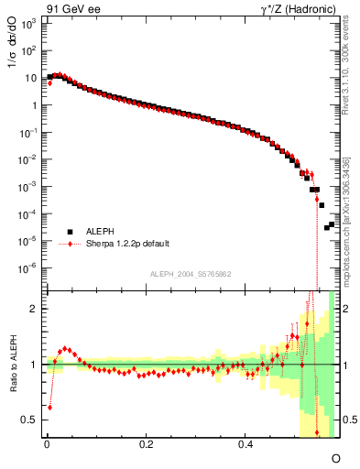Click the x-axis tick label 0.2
click(146, 444)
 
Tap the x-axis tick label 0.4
click(245, 444)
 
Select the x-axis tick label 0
click(46, 444)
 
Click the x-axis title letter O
click(335, 457)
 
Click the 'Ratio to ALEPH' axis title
click(13, 364)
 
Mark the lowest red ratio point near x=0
click(49, 407)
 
